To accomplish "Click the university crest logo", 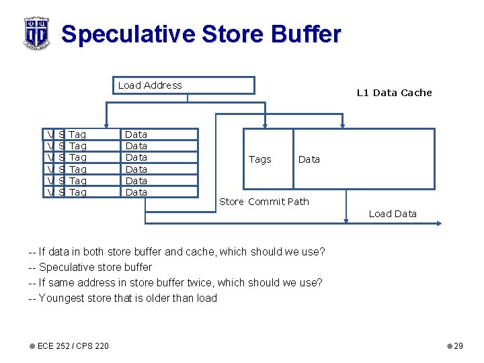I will tap(36, 32).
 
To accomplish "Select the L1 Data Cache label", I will tap(394, 93).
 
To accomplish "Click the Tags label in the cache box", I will tap(259, 159).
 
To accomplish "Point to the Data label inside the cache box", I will tap(309, 159).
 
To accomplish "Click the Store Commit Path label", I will tap(264, 202).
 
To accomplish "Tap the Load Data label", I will tap(393, 214).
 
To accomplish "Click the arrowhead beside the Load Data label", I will tap(438, 223).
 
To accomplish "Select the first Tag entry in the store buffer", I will tap(78, 134).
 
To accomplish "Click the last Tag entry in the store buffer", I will tap(78, 192).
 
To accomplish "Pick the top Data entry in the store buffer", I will tap(136, 134).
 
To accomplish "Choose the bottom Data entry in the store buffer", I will tap(136, 192).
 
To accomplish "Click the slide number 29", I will tap(458, 346).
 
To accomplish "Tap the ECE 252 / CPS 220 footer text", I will tap(73, 346).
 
